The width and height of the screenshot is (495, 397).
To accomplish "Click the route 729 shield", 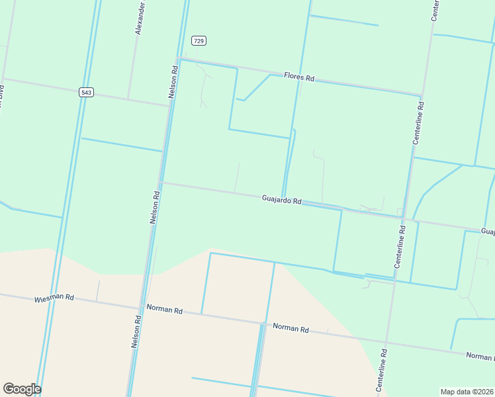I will click(199, 41).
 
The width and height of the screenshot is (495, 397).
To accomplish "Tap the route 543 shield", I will click(85, 93).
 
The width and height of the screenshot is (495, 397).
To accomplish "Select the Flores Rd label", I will click(299, 77).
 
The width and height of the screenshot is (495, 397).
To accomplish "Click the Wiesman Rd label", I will click(54, 299).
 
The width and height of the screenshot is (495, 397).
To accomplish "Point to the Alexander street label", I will click(140, 18).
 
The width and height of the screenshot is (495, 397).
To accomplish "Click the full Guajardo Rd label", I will click(281, 198).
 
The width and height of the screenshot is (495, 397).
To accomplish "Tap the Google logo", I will click(22, 389).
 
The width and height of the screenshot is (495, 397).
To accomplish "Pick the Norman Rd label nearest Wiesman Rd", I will click(164, 308).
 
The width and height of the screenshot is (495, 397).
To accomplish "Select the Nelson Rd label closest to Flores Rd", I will click(173, 81).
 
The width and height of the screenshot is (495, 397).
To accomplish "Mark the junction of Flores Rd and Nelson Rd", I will click(179, 59).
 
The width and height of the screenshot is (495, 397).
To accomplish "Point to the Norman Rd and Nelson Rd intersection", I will click(140, 306).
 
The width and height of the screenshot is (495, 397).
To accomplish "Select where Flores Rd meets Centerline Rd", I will click(422, 96).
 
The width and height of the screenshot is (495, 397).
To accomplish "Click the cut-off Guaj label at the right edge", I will click(488, 232).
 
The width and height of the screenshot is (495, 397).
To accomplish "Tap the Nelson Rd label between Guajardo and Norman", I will click(155, 207).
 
